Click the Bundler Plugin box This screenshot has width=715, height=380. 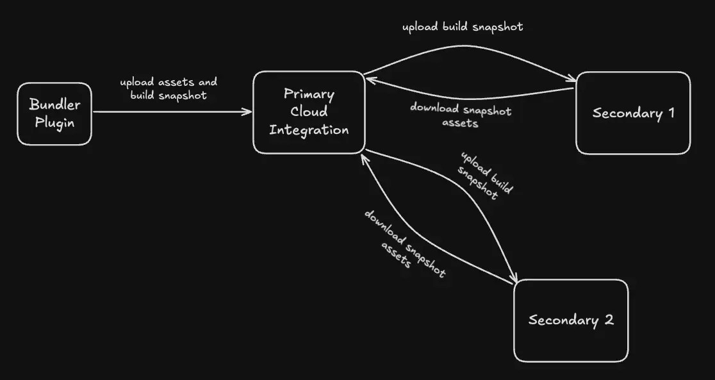[54, 113]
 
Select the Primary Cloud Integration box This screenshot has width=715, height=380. [309, 112]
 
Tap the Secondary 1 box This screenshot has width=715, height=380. [633, 113]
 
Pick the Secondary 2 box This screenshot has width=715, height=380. [571, 320]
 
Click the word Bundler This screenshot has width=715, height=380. [54, 105]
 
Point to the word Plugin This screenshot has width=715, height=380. [54, 122]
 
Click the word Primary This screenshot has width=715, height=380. [309, 94]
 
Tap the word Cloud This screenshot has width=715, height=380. [309, 112]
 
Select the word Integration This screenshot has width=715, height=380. [309, 129]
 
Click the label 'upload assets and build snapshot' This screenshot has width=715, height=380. [168, 88]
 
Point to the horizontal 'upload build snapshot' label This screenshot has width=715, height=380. [462, 27]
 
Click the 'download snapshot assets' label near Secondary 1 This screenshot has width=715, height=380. [461, 115]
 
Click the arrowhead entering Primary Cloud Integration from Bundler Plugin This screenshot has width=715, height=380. [249, 112]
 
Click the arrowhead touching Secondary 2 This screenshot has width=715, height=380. [514, 281]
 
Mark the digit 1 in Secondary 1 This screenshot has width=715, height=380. [671, 113]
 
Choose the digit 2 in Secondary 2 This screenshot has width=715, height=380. [609, 320]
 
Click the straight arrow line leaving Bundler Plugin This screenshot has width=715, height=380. [170, 112]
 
